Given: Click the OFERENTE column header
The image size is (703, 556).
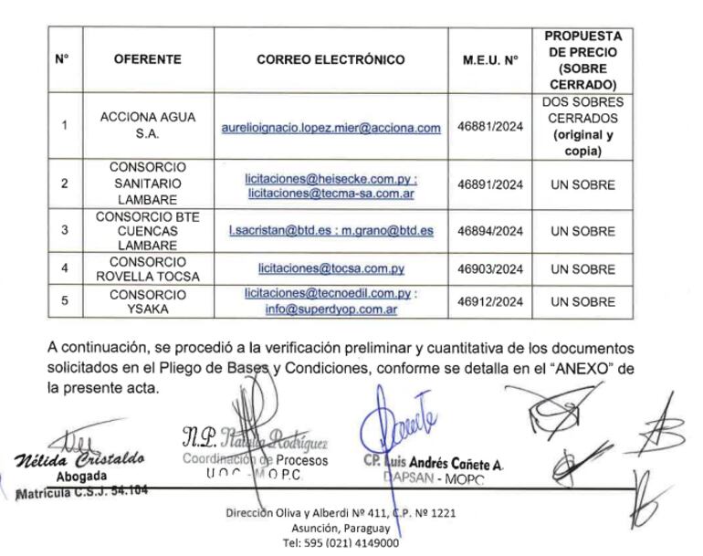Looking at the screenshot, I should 148,60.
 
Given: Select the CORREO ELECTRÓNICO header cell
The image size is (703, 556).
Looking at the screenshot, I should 331,60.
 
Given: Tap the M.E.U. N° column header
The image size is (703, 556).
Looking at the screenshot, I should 490,60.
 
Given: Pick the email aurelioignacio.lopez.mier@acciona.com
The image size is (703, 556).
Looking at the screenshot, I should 331,128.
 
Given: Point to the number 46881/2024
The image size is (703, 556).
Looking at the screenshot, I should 490,127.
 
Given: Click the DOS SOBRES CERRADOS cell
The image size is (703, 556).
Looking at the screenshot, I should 582,127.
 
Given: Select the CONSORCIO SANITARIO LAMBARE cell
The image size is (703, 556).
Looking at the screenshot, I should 148,184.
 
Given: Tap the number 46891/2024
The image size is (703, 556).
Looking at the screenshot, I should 490,184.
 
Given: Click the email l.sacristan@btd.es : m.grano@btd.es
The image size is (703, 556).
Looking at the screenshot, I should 331,231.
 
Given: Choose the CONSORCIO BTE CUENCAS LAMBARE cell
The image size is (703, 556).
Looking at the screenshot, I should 148,231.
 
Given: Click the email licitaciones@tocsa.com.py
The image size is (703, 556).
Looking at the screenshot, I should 331,269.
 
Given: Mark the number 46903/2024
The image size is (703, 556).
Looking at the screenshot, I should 490,269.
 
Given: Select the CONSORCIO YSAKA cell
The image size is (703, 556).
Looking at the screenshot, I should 148,301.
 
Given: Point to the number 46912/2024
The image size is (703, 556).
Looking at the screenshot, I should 490,301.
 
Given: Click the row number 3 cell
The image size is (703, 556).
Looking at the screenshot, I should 64,231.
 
